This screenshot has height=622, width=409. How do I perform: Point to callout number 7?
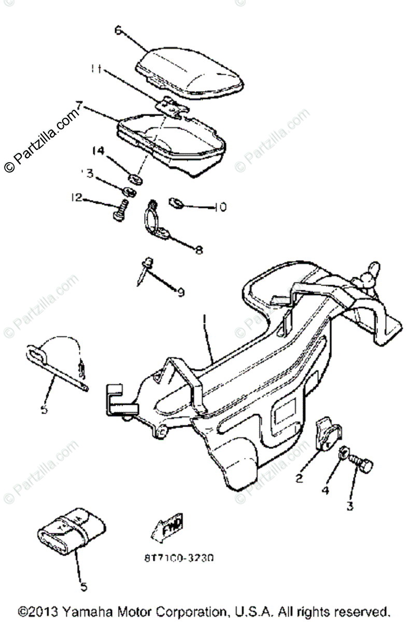(x=79, y=107)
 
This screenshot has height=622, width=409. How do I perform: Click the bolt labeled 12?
(x=118, y=211)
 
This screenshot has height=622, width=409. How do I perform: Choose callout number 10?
(x=220, y=207)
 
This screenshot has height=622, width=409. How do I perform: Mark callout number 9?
(x=180, y=293)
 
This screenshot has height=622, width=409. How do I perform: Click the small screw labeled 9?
(x=145, y=271)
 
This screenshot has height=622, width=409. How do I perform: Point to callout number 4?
(x=325, y=489)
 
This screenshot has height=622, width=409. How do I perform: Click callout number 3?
(x=350, y=506)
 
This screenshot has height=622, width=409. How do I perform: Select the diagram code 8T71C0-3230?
(x=179, y=558)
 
